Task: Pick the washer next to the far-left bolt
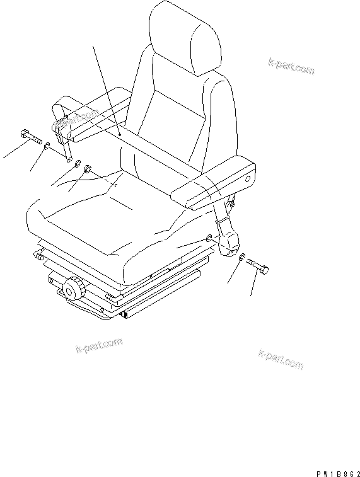click(x=48, y=147)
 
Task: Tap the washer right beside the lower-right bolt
click(x=243, y=256)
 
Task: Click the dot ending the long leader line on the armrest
click(x=119, y=134)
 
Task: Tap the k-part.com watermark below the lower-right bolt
click(x=281, y=360)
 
